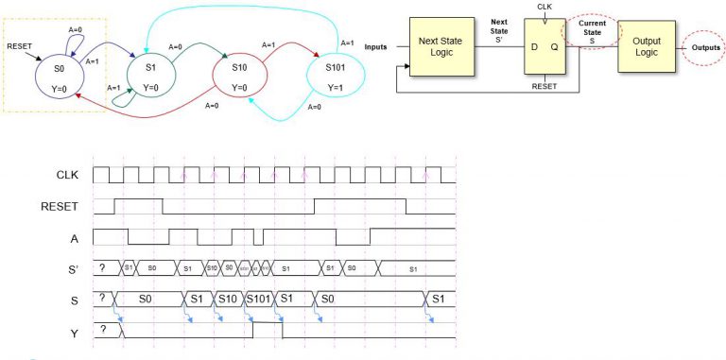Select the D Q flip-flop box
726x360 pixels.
pyautogui.click(x=543, y=47)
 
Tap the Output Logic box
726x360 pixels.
pyautogui.click(x=647, y=47)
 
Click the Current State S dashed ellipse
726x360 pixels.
pyautogui.click(x=592, y=32)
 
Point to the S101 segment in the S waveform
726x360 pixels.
pyautogui.click(x=259, y=299)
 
